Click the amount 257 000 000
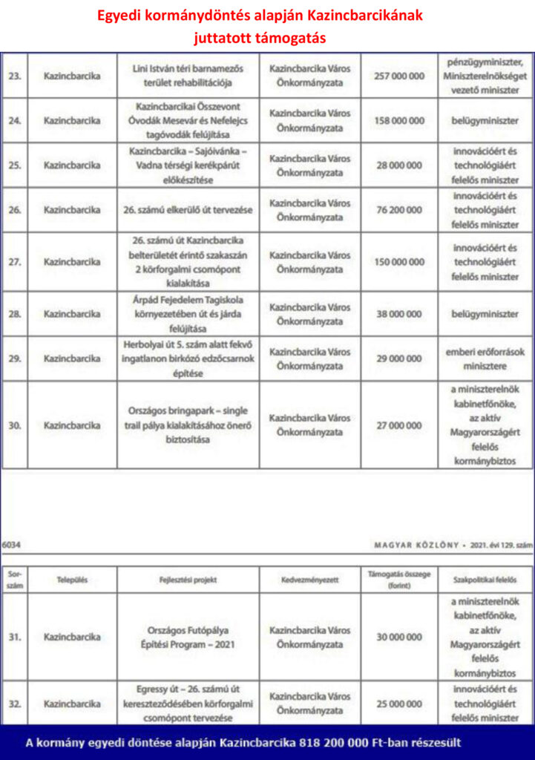399,76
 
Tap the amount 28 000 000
399,166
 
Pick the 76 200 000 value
399,210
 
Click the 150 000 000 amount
399,262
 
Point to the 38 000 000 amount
399,314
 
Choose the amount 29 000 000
399,358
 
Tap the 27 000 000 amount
399,425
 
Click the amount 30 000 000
399,637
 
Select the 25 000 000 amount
399,704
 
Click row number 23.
15,76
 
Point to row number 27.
15,262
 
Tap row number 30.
15,425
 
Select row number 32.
15,704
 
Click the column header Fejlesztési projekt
188,580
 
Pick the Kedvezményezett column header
309,580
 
